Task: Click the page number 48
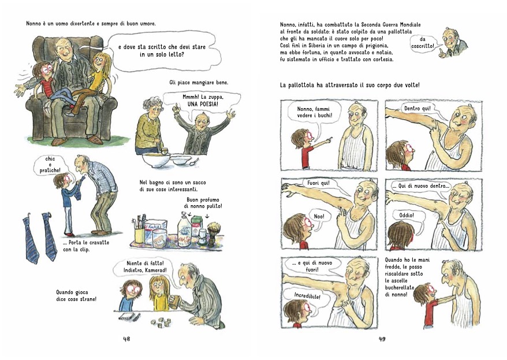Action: [126, 339]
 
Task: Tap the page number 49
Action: [382, 339]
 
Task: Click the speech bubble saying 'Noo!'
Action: [319, 216]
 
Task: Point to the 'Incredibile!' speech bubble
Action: [307, 295]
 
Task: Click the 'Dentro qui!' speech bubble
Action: [417, 109]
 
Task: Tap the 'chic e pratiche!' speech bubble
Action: [50, 164]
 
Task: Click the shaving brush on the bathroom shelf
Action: [214, 231]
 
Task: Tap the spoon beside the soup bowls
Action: [195, 162]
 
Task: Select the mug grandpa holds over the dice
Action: [174, 303]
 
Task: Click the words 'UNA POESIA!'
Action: [203, 104]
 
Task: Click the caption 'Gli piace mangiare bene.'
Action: [199, 83]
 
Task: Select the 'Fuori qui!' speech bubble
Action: [319, 183]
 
